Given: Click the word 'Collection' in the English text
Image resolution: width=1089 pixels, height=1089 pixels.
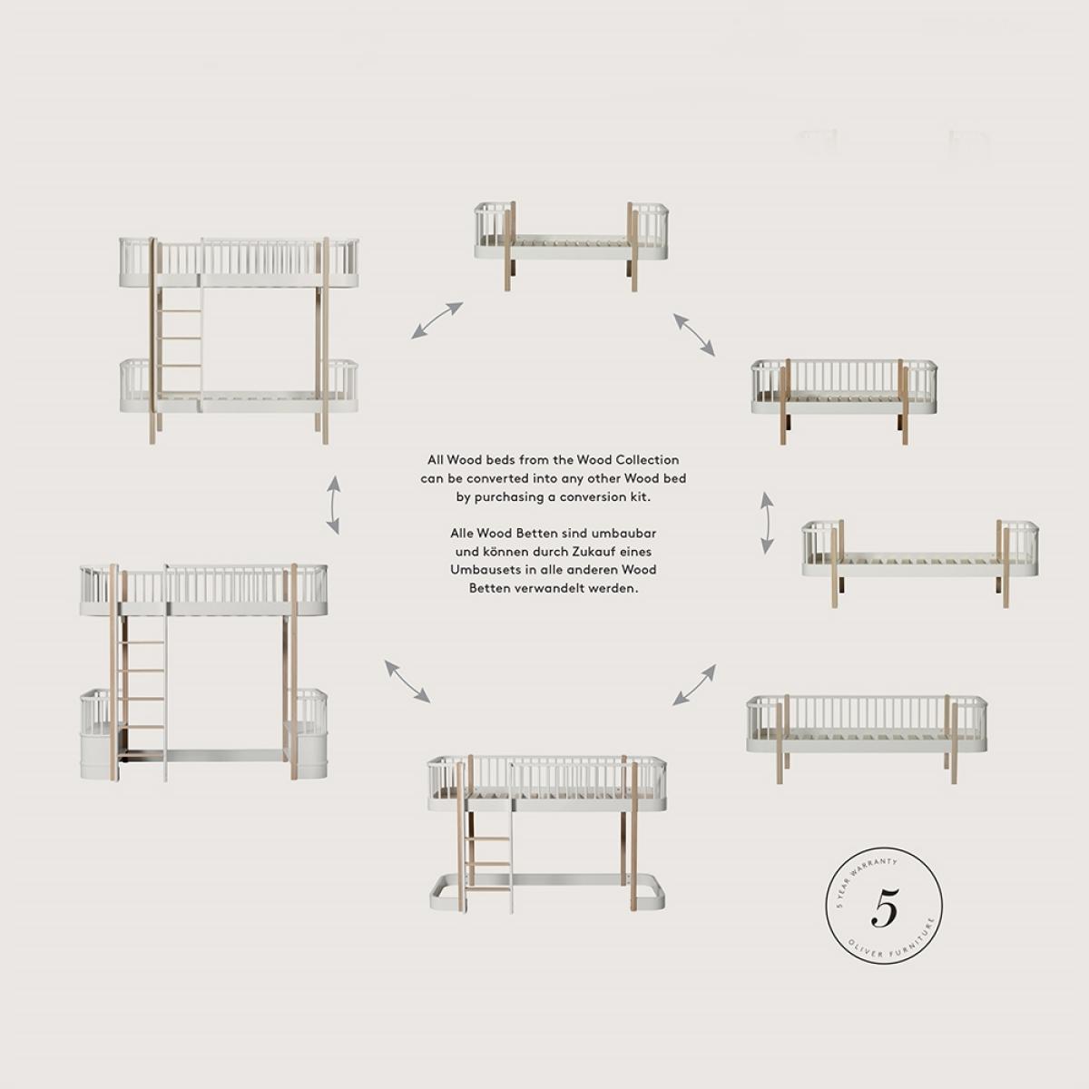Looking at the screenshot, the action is [x=646, y=460].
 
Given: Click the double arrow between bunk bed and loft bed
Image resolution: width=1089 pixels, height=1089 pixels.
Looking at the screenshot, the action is [x=334, y=505].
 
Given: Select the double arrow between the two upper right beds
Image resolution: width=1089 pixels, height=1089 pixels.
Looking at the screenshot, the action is [x=694, y=335].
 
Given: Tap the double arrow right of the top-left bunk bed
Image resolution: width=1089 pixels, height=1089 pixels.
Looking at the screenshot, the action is [x=437, y=320].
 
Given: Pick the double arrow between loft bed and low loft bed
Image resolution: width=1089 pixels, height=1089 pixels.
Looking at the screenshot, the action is [x=407, y=681].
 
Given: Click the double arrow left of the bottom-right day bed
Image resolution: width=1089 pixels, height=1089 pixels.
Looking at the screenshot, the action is [x=694, y=685].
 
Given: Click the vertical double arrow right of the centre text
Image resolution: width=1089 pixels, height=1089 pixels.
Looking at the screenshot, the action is [x=767, y=522].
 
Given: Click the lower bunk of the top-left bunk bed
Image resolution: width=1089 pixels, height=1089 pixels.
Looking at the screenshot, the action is [x=239, y=388].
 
